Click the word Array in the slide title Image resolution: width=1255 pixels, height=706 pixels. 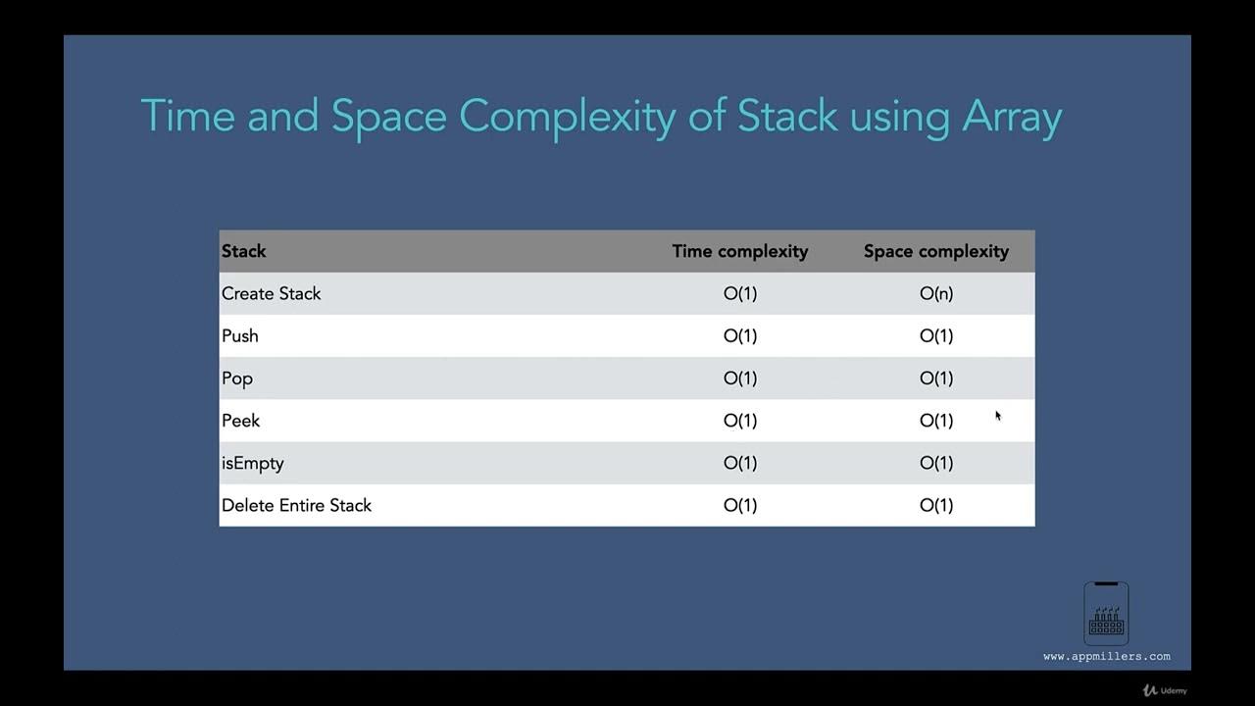pos(1012,116)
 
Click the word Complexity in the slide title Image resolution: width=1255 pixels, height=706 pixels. pos(567,117)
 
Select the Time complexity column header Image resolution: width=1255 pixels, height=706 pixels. pos(739,251)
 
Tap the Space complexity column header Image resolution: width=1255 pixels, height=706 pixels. pos(935,251)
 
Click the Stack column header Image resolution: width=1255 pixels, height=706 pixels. pos(244,251)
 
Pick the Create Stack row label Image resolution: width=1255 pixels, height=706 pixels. pos(271,293)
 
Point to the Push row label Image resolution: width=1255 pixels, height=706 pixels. pos(240,335)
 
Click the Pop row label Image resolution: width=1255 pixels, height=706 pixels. pos(237,378)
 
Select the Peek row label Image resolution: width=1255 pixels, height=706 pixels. pos(241,421)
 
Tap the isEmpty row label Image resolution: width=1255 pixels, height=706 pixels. pos(252,463)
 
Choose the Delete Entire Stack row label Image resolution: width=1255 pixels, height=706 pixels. pos(296,505)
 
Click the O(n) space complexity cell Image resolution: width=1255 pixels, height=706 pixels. pos(935,293)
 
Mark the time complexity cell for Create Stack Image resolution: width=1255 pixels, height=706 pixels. pos(740,293)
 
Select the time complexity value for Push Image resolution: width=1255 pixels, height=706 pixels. pos(740,335)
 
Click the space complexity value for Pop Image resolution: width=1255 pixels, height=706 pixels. pos(935,378)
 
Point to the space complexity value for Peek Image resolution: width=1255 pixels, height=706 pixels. pos(935,421)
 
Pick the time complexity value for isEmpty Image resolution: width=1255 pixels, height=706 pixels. pos(740,463)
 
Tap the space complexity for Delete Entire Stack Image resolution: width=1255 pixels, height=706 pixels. pos(935,505)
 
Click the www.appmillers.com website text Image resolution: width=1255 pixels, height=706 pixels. pos(1106,656)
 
